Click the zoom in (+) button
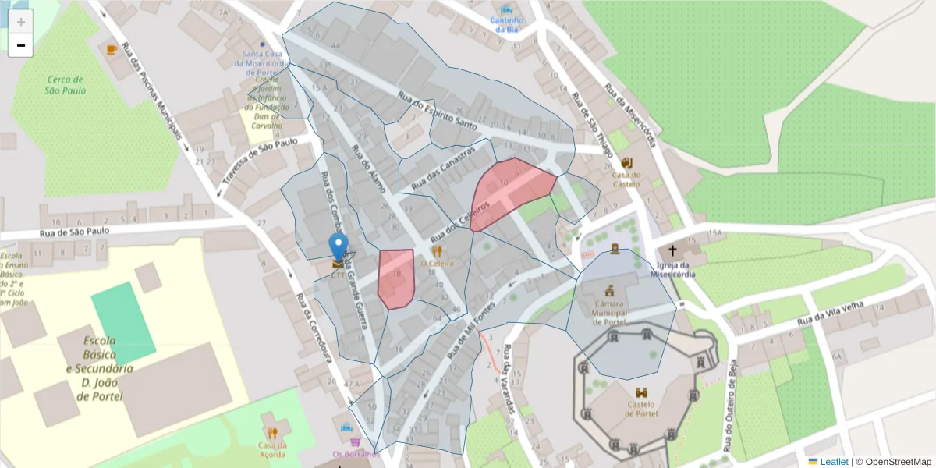point(21,22)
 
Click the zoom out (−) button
point(21,45)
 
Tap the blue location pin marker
point(338,246)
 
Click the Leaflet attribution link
point(828,462)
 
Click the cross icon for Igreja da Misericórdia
point(672,251)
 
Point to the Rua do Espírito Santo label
point(437,111)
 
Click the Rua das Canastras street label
point(443,169)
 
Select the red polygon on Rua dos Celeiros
point(511,191)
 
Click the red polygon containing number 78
point(395,278)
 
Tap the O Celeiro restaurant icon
point(437,251)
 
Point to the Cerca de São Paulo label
point(66,85)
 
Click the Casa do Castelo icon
point(627,163)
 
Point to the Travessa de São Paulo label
point(260,158)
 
